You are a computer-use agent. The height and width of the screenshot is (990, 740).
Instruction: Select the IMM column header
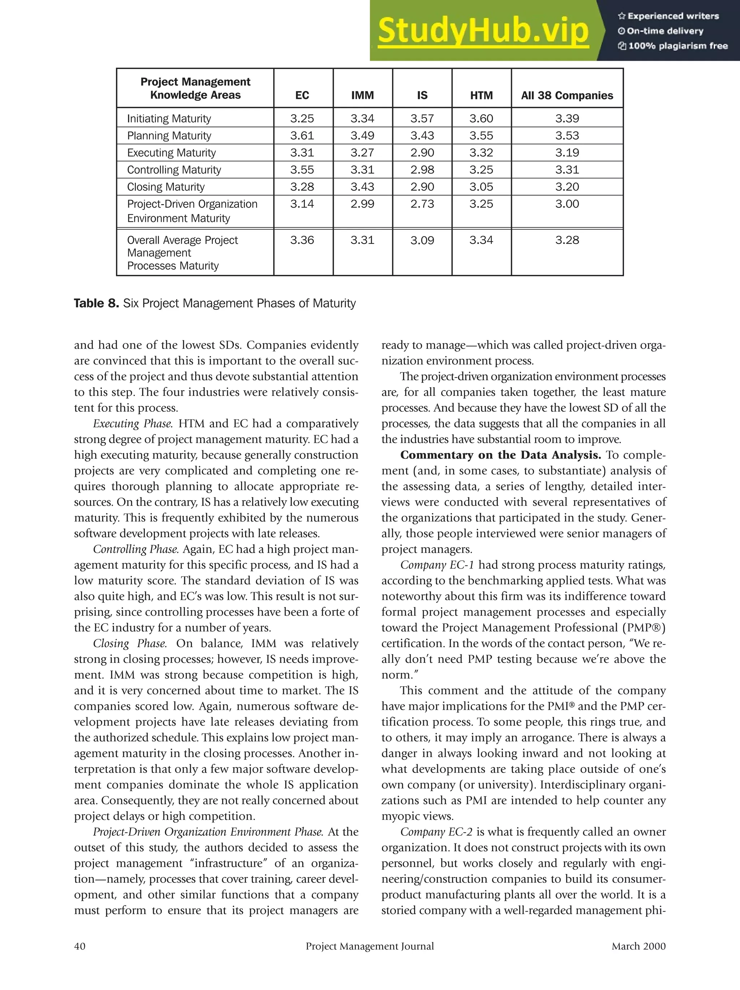tap(362, 95)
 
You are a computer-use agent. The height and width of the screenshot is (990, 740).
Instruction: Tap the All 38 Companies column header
tap(567, 95)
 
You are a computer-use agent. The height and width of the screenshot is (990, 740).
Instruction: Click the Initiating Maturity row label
tap(169, 118)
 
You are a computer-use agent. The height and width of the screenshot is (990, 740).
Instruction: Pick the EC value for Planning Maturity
tap(302, 135)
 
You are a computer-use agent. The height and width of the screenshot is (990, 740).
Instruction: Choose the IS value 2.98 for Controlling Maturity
tap(422, 170)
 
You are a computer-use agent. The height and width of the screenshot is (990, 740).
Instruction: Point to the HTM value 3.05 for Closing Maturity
tap(481, 187)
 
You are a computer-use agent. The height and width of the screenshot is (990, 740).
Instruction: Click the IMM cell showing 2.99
tap(362, 204)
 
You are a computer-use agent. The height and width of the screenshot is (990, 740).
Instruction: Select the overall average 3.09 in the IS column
tap(422, 240)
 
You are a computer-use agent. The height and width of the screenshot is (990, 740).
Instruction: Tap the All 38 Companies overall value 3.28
tap(567, 240)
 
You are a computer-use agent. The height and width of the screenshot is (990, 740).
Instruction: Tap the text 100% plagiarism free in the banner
tap(678, 46)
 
